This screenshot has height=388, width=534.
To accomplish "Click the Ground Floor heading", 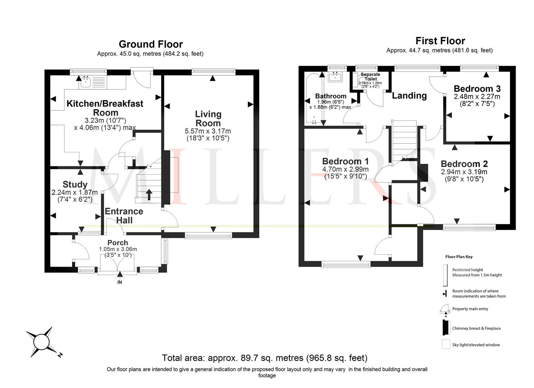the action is (x=151, y=44).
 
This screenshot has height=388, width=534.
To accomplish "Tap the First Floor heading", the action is (x=440, y=41).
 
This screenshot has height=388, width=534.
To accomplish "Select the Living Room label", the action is (x=208, y=119).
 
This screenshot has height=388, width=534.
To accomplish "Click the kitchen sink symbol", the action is (x=86, y=82).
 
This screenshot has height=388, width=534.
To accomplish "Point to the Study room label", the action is (x=75, y=184).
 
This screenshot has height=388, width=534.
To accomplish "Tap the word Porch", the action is (x=118, y=243).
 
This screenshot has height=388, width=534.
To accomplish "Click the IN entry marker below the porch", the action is (x=120, y=282).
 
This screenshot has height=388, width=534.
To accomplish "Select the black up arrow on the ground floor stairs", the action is (x=149, y=195).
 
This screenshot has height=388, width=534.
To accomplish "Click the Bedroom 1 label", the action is (x=346, y=161).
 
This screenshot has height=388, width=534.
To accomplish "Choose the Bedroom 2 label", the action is (x=464, y=164).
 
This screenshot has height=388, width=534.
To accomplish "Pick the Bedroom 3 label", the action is (x=477, y=89).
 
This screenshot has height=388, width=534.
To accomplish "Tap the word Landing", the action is (x=409, y=96).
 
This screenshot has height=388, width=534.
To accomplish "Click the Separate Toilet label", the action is (x=370, y=77).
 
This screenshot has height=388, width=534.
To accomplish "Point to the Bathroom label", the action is (x=331, y=96).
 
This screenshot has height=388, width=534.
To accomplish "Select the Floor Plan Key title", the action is (x=459, y=257).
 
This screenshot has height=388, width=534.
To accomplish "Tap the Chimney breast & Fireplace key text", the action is (x=476, y=328).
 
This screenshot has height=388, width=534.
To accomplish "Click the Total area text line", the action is (x=265, y=358).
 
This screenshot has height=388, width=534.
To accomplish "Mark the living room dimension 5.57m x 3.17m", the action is (x=208, y=131).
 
